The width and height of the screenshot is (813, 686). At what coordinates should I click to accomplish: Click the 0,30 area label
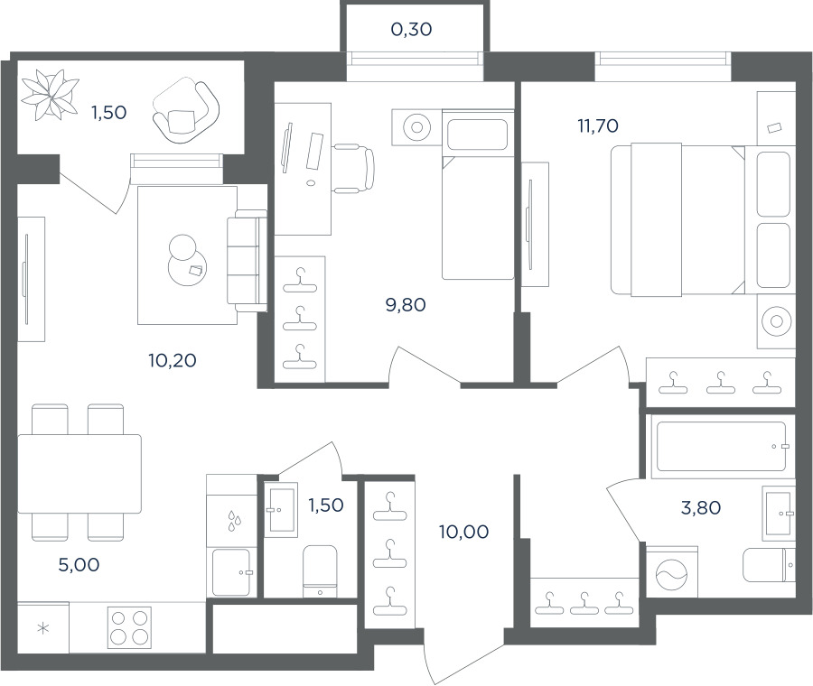(411, 30)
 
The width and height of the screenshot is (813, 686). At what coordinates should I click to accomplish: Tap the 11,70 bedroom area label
(598, 125)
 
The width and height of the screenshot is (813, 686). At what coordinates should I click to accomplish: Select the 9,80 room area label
(406, 305)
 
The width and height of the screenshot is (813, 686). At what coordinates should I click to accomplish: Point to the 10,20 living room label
(173, 360)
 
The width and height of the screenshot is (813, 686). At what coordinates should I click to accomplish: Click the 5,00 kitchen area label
(79, 565)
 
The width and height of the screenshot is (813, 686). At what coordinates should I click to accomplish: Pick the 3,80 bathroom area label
(700, 508)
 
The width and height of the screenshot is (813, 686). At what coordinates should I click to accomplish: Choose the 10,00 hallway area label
(463, 532)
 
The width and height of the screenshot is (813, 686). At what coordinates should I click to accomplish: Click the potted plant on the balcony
(50, 95)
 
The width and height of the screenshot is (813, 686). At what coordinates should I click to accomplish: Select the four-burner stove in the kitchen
(129, 627)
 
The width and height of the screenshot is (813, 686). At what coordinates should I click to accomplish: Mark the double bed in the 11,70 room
(677, 219)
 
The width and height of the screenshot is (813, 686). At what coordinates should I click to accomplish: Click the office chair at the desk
(353, 169)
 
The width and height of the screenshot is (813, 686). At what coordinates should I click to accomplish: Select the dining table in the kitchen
(79, 474)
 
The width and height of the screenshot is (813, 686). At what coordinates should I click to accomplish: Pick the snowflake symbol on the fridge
(43, 628)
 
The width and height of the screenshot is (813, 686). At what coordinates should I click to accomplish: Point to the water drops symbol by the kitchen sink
(234, 521)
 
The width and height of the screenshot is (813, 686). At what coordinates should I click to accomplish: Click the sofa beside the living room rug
(247, 261)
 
